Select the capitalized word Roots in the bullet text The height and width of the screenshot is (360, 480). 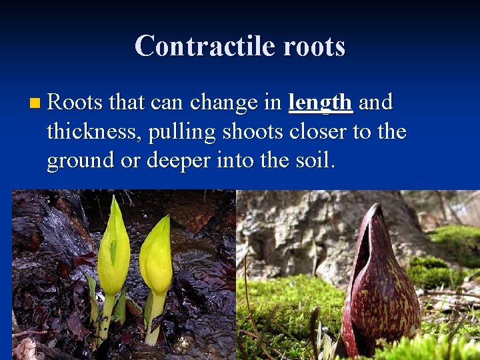click(x=75, y=103)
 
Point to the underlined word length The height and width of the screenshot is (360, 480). click(x=320, y=103)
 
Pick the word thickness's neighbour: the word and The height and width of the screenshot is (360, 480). click(x=376, y=103)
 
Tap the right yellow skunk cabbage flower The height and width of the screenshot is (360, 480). click(x=157, y=257)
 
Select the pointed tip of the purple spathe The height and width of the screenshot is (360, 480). click(x=377, y=208)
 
